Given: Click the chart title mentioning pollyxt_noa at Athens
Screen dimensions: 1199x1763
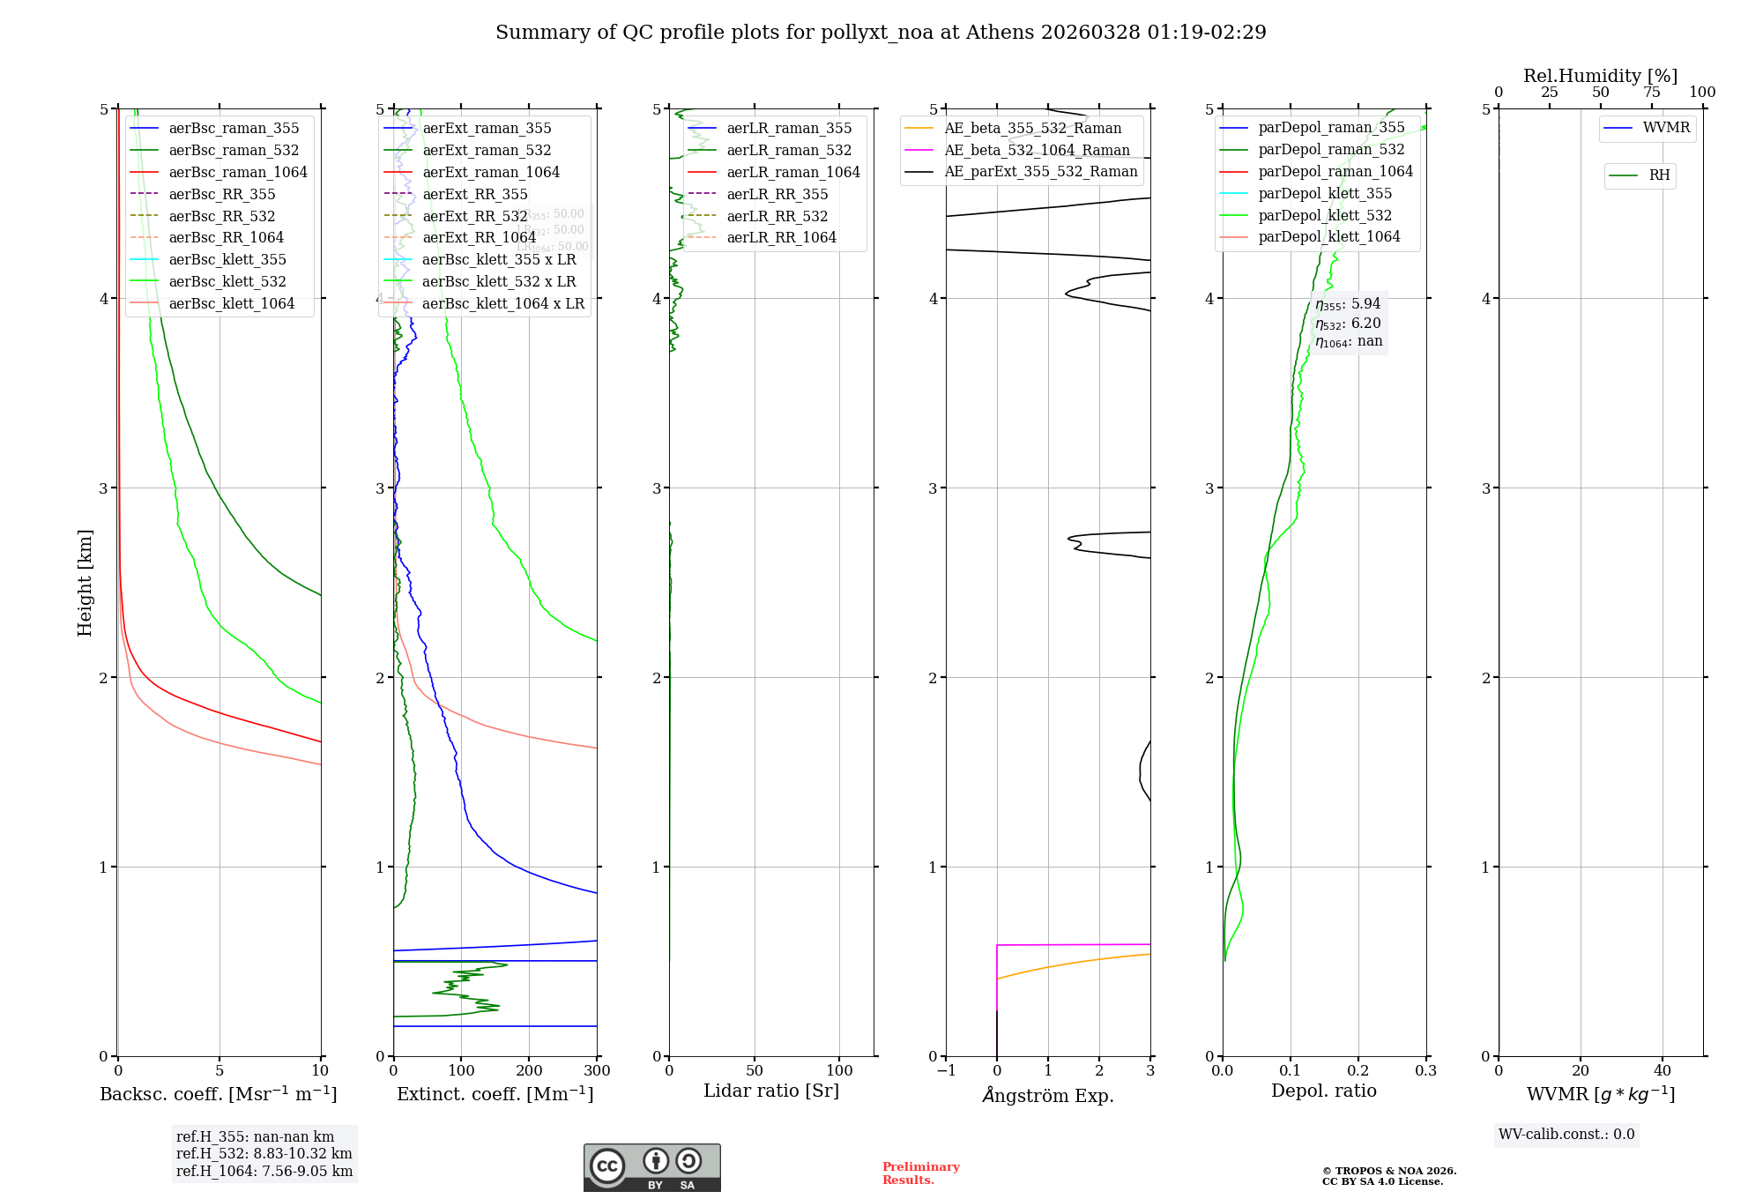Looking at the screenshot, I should coord(881,33).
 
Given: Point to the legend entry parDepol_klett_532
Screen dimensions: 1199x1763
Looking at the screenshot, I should coord(1324,215).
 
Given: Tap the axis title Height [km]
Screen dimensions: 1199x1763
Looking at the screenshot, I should coord(85,582).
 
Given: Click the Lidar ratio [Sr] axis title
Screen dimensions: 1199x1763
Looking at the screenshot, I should coord(771,1091).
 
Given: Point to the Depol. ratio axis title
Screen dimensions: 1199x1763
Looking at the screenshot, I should coord(1323,1091).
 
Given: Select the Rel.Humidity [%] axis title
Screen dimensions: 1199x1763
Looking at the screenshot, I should coord(1600,76).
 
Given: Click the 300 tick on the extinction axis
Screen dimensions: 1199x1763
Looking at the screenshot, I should coord(597,1071).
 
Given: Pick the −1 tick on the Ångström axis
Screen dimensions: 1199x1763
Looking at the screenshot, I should coord(946,1071).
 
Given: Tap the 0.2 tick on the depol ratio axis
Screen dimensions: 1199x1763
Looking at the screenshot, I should coord(1358,1071).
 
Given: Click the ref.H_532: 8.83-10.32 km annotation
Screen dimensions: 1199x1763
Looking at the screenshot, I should coord(264,1153).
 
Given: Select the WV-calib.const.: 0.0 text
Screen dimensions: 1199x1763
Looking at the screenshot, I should coord(1566,1135).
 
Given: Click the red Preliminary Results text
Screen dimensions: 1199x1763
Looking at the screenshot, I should coord(920,1173).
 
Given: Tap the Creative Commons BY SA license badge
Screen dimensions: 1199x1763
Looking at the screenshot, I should coord(651,1167).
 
